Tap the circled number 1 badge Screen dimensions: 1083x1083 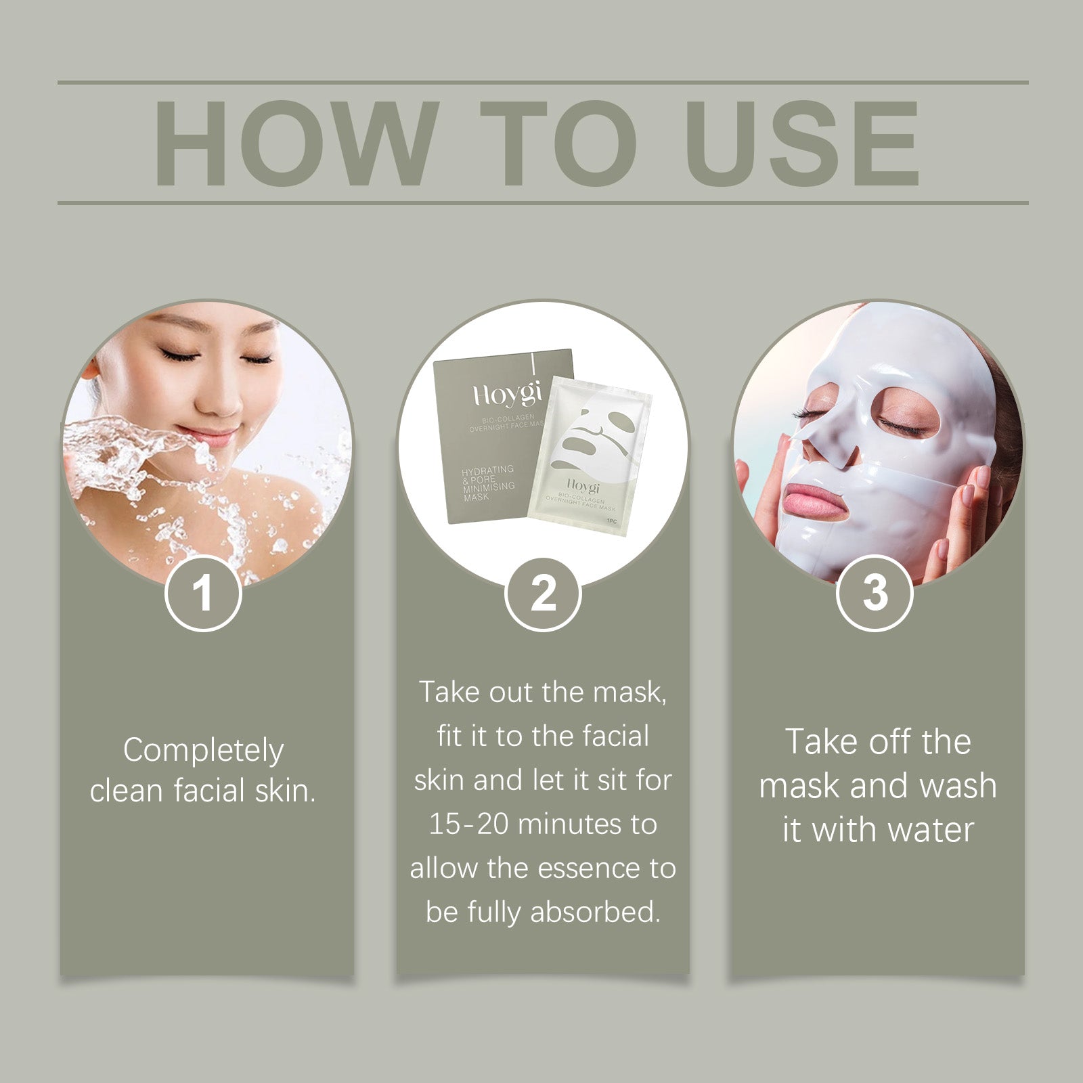[203, 594]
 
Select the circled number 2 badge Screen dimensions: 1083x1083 [543, 594]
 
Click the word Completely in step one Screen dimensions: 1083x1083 [203, 750]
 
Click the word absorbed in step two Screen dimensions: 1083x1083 [595, 912]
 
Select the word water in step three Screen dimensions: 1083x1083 [932, 830]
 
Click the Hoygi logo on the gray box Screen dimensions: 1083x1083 [506, 393]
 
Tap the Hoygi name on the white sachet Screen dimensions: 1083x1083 [583, 486]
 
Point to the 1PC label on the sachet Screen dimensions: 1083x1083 [611, 521]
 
